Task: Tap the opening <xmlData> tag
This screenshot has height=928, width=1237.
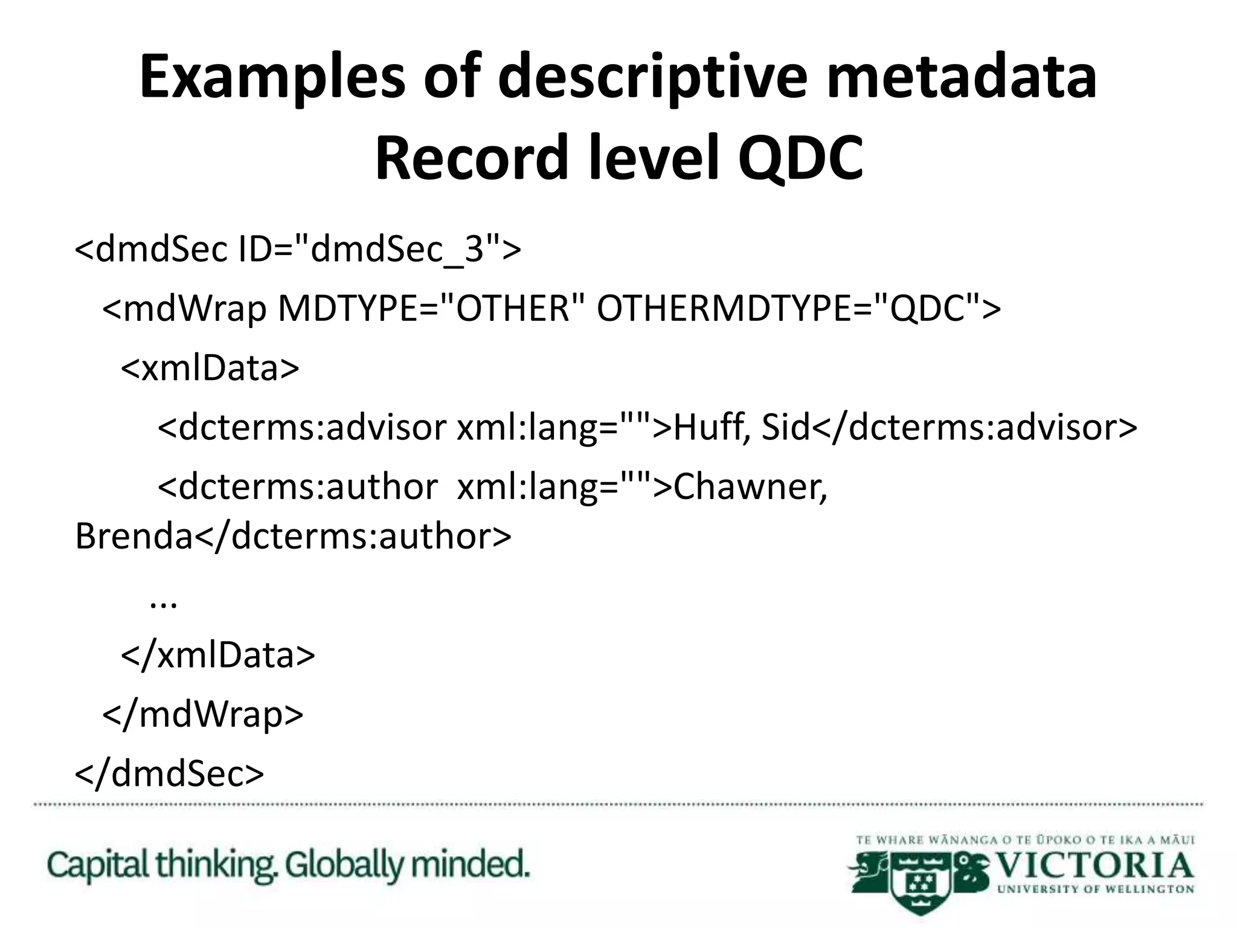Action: pyautogui.click(x=210, y=368)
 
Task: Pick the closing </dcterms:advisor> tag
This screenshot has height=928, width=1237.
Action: pyautogui.click(x=974, y=428)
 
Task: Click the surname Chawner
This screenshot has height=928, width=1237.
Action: pyautogui.click(x=750, y=487)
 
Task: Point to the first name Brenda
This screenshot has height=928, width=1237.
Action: pyautogui.click(x=133, y=536)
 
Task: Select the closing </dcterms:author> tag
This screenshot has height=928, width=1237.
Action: pyautogui.click(x=353, y=536)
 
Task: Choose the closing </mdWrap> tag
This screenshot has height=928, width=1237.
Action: pyautogui.click(x=203, y=715)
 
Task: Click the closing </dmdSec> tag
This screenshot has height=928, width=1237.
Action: pyautogui.click(x=170, y=774)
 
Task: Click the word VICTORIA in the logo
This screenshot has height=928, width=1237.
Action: pyautogui.click(x=1094, y=866)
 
